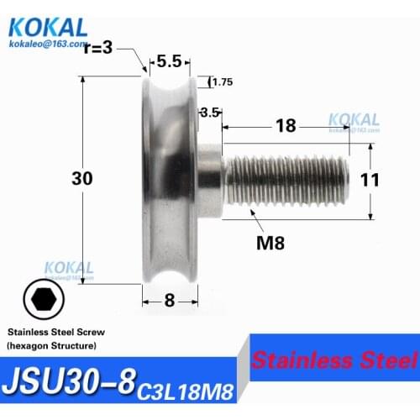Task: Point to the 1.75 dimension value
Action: click(223, 81)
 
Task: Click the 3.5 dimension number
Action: click(209, 111)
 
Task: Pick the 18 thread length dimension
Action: click(286, 126)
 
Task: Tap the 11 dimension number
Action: click(370, 179)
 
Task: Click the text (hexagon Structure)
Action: click(52, 346)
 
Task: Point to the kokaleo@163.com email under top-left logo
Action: click(48, 42)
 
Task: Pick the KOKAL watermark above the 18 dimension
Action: click(353, 119)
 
